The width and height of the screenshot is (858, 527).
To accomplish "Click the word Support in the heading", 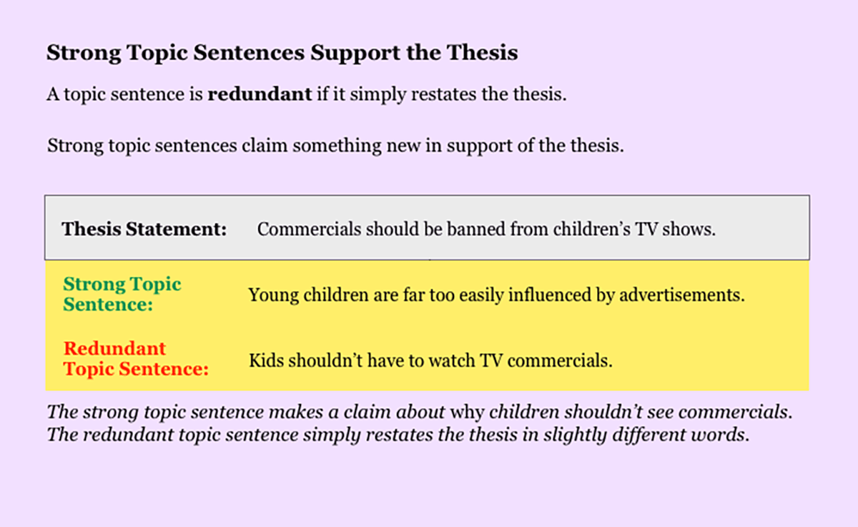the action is (355, 53).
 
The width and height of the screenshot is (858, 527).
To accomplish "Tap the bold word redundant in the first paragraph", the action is (260, 94).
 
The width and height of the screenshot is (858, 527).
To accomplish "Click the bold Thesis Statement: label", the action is (144, 229).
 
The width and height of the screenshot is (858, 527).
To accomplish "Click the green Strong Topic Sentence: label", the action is (122, 294).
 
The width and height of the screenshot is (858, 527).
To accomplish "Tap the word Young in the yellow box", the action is (273, 295).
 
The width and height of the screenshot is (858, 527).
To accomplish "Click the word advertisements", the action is (682, 295).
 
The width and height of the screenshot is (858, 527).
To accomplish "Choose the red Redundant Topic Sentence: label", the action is (136, 359).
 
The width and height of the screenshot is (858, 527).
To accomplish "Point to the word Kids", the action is (266, 360).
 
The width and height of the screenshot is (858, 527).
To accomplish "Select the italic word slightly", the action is (576, 435).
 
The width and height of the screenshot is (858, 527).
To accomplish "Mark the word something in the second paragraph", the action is (337, 146).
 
